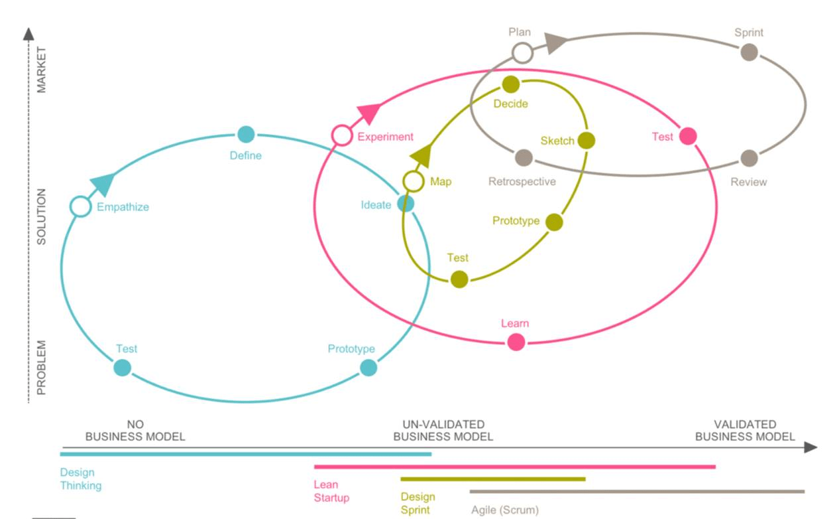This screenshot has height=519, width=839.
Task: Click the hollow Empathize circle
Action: pos(81,206)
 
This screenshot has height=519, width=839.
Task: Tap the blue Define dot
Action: pos(246,134)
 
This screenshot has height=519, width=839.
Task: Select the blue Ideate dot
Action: pos(406,204)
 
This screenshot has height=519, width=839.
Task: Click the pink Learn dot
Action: pos(516,342)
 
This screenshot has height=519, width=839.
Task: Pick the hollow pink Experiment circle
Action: pos(342,135)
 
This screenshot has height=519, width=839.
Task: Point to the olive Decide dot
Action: pos(511,84)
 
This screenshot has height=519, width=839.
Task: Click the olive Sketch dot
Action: pos(587,140)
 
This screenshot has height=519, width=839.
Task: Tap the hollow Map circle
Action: pos(414,181)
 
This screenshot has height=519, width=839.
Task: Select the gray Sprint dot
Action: pos(749,52)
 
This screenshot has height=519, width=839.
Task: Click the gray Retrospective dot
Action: pos(524,158)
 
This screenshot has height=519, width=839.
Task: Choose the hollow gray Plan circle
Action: pos(522,53)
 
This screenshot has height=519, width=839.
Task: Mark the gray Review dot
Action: pos(749,158)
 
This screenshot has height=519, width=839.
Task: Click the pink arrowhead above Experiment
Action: pos(369,113)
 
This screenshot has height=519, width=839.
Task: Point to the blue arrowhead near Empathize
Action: pos(102,184)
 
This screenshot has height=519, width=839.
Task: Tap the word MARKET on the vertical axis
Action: pos(41,70)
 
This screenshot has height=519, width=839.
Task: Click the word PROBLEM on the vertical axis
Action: pos(41,368)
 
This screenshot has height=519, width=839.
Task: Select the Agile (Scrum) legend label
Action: pos(505,510)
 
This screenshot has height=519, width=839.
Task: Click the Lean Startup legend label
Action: pos(331,491)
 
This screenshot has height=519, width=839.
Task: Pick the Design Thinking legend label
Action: pos(81,479)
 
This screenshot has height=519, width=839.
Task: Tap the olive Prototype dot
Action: pos(554,222)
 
